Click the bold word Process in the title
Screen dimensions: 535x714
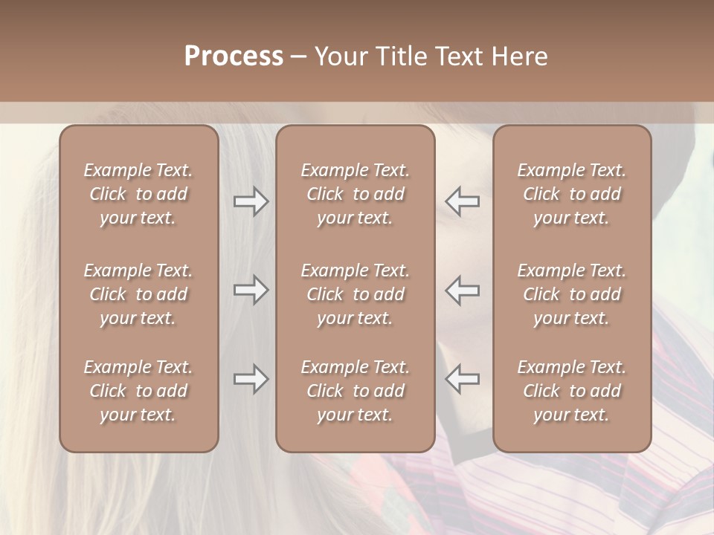[234, 56]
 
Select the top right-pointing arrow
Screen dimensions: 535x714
[251, 201]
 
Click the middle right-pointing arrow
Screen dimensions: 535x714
[251, 290]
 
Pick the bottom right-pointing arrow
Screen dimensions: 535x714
[251, 379]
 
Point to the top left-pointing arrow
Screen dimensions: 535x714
[463, 201]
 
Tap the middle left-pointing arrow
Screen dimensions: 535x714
[463, 290]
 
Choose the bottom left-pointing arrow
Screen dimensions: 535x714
[463, 379]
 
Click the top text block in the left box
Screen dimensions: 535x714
[138, 194]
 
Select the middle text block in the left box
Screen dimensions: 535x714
[138, 294]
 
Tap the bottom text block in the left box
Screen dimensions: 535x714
[138, 391]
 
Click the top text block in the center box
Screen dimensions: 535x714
[356, 194]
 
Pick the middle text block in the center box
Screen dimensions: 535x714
[356, 294]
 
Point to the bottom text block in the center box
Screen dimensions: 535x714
[356, 391]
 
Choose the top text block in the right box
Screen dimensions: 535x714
[572, 194]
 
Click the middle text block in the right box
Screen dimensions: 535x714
[572, 294]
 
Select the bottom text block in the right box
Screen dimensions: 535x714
[572, 391]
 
